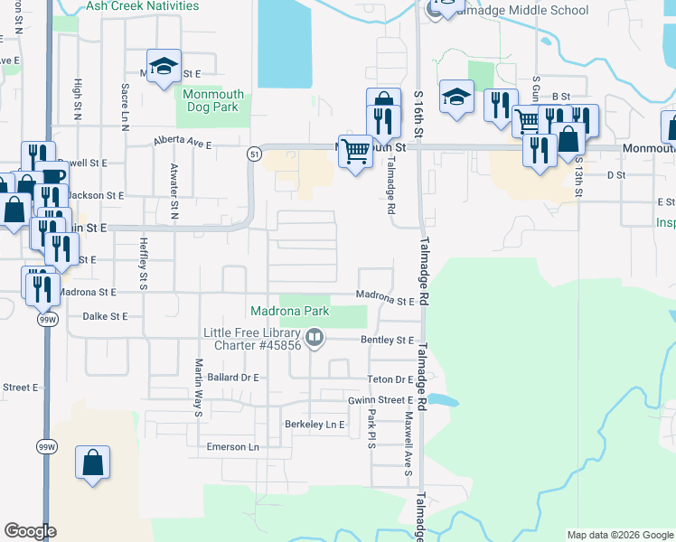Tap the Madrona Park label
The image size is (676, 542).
289,312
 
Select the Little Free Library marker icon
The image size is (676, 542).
315,338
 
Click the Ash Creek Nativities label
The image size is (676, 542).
142,5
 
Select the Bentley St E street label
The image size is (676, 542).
387,341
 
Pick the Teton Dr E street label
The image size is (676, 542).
390,379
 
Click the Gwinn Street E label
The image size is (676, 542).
380,399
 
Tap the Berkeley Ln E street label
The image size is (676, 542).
315,424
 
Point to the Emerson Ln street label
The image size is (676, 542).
232,446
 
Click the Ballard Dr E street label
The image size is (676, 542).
233,377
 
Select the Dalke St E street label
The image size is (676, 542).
106,317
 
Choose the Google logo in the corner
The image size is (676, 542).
30,531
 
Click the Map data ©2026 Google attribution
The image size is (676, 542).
619,535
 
